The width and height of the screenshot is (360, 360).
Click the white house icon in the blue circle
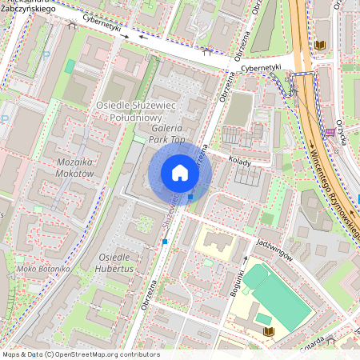pyautogui.click(x=180, y=173)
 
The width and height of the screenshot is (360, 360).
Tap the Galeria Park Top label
pyautogui.click(x=166, y=134)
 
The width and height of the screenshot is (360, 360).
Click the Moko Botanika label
pyautogui.click(x=33, y=269)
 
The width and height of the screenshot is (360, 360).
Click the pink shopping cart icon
pyautogui.click(x=330, y=132)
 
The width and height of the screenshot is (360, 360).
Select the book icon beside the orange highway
pyautogui.click(x=320, y=46)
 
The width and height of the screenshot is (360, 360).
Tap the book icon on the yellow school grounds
pyautogui.click(x=268, y=330)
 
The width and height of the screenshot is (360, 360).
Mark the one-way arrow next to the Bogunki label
pyautogui.click(x=246, y=260)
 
